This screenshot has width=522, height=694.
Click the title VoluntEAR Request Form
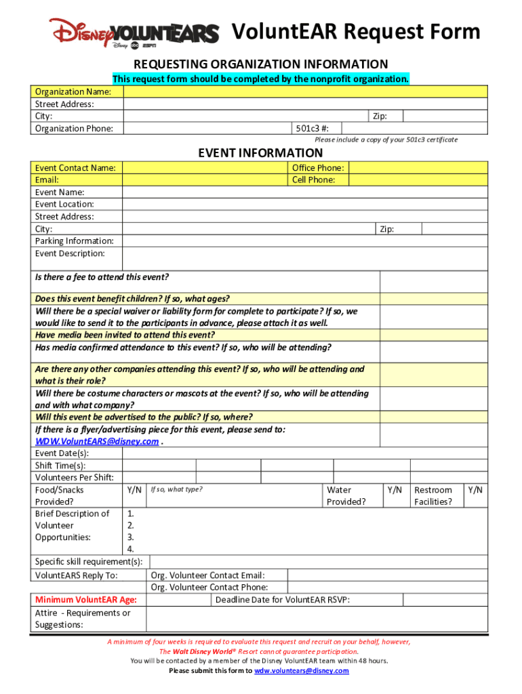click(x=356, y=32)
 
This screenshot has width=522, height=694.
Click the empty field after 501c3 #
click(x=414, y=128)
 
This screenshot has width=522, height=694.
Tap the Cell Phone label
click(x=313, y=180)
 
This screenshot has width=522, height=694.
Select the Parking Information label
click(x=75, y=241)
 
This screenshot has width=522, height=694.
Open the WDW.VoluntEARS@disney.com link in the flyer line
click(x=97, y=441)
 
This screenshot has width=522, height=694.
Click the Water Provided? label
click(x=346, y=495)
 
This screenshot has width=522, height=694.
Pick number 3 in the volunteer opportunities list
click(x=131, y=537)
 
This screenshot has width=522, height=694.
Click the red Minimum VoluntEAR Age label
click(x=86, y=600)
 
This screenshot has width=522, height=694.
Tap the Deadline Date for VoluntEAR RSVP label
click(x=283, y=600)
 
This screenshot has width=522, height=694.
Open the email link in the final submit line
click(x=301, y=670)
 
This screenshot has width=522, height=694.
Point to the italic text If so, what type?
click(x=176, y=489)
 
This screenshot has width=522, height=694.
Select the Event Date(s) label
click(x=62, y=453)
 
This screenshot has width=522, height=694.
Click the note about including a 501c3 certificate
click(x=386, y=140)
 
